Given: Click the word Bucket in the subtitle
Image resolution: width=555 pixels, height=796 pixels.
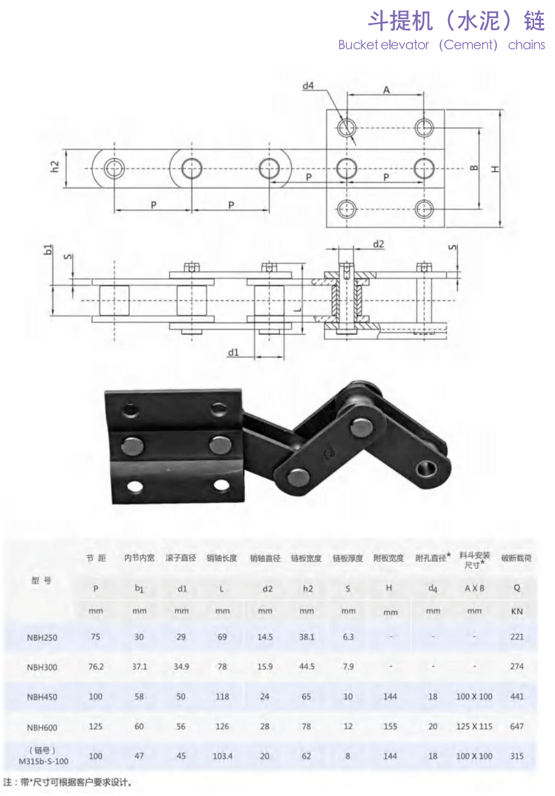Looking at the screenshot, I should coord(358,45).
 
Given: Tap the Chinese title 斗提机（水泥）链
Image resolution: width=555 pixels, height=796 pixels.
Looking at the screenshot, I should coord(456,21).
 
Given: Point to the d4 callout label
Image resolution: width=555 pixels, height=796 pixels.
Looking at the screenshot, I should coord(308,85).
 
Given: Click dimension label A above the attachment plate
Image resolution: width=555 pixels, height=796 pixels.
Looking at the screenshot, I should coord(387,90).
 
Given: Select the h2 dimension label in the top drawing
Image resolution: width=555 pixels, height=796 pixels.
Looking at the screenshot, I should coord(54,166).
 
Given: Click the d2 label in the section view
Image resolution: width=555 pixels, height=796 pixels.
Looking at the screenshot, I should coord(379,244).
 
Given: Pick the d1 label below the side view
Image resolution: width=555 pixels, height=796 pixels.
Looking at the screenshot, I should coord(233,352).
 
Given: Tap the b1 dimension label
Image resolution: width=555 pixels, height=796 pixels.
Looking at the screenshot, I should coord(48,249).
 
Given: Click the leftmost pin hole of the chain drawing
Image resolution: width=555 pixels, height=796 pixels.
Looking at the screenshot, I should coord(114,168).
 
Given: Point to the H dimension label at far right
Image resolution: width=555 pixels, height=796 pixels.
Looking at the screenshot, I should coord(495,168).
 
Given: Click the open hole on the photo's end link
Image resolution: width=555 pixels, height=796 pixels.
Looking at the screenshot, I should coord(426,469).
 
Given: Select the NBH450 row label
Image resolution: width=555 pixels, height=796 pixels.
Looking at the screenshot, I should coord(42,697).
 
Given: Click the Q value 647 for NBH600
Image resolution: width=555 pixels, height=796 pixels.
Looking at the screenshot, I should coord(517,726).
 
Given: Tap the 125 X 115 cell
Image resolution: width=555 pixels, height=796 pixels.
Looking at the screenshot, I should coord(474,726).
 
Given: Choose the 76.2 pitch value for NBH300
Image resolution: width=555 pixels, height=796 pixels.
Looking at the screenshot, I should coord(96,667).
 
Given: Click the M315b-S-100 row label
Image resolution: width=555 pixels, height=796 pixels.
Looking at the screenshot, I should coord(44,761).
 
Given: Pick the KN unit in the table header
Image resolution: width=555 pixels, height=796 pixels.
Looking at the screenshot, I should coord(517,611).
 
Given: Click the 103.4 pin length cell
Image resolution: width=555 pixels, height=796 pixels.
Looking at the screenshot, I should coord(222,756).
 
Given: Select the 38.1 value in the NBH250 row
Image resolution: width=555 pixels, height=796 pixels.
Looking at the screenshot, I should coord(306,637).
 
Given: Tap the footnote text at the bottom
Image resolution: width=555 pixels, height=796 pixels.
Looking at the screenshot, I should coord(68,782).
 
